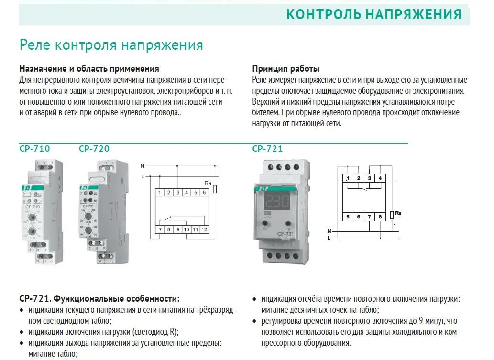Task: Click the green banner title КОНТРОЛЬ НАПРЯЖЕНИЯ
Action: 374,14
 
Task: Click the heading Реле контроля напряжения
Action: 111,45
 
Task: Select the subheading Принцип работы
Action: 285,69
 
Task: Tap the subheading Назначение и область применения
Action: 89,69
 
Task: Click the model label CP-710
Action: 34,149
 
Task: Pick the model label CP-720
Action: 94,149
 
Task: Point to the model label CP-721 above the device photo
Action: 267,149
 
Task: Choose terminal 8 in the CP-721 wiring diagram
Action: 380,217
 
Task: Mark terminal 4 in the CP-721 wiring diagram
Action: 380,179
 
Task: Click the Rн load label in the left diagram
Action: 208,183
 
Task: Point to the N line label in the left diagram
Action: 143,166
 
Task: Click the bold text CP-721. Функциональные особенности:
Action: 99,299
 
